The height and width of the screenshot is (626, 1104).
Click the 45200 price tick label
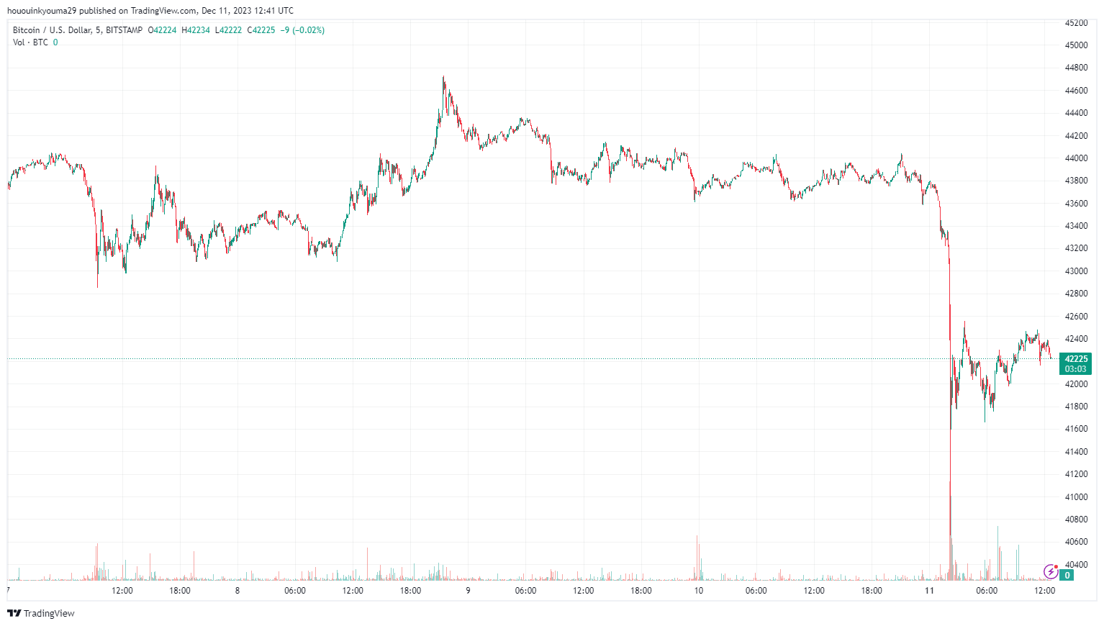[1076, 23]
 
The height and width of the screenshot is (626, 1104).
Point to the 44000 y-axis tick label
[1076, 158]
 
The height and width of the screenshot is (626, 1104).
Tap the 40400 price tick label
[1076, 564]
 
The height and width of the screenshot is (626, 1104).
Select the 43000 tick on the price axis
[1076, 271]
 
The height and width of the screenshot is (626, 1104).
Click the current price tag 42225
[1076, 359]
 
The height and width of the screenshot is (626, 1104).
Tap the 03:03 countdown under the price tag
[1076, 369]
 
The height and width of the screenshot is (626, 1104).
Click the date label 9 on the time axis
[468, 591]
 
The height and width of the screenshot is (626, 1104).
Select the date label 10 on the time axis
[698, 591]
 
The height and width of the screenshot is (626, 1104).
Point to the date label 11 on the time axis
[929, 591]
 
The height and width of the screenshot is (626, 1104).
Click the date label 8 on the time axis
[237, 591]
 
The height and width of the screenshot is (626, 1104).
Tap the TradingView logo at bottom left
[41, 613]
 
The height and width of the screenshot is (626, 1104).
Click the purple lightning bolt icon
[1051, 572]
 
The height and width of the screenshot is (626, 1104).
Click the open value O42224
[162, 30]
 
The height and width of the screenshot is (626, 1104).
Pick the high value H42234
[196, 30]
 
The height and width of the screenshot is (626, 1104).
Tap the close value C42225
[261, 30]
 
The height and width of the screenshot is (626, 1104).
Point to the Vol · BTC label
[30, 42]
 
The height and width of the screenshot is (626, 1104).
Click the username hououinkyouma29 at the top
[40, 11]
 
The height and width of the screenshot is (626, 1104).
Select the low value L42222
[228, 30]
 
